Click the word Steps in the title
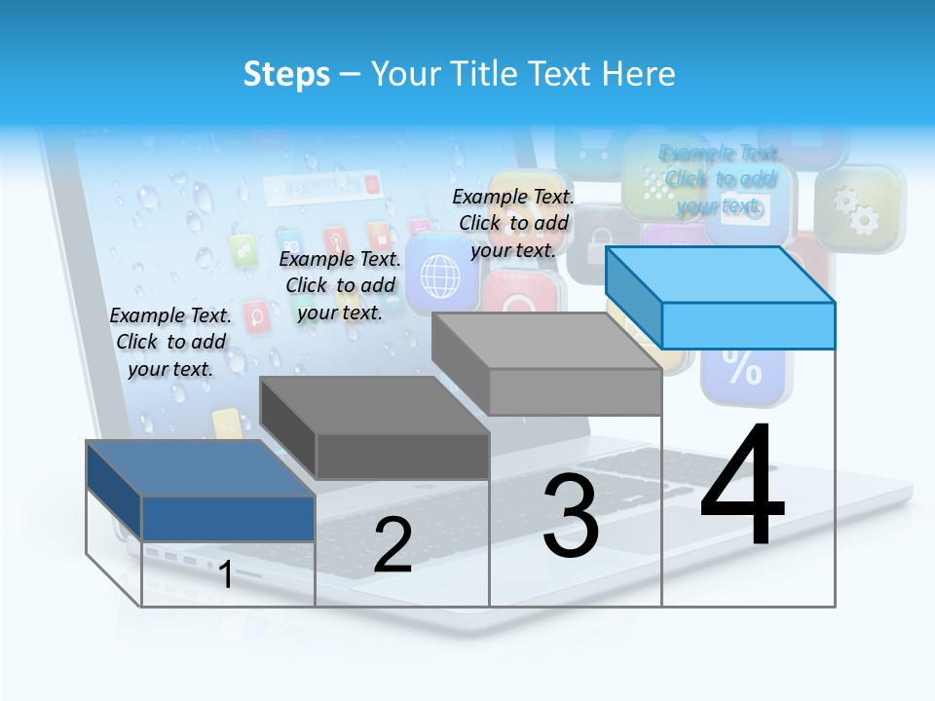pyautogui.click(x=286, y=74)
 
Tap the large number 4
pyautogui.click(x=742, y=484)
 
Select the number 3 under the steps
pyautogui.click(x=571, y=516)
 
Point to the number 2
pyautogui.click(x=393, y=545)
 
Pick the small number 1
pyautogui.click(x=226, y=575)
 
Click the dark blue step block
pyautogui.click(x=228, y=517)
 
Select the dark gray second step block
pyautogui.click(x=401, y=455)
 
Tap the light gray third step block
pyautogui.click(x=575, y=390)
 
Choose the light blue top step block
pyautogui.click(x=747, y=324)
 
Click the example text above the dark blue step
pyautogui.click(x=170, y=342)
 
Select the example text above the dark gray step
pyautogui.click(x=340, y=285)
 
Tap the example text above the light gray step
pyautogui.click(x=513, y=223)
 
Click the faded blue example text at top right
pyautogui.click(x=720, y=179)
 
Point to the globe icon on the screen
pyautogui.click(x=439, y=276)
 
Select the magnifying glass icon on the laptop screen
pyautogui.click(x=257, y=315)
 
